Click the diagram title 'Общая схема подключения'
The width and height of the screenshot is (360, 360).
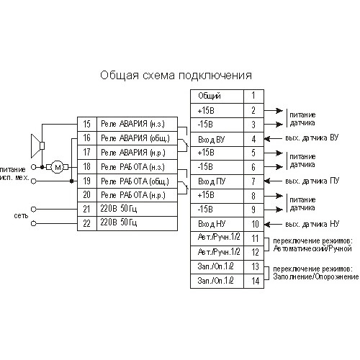tap(176, 76)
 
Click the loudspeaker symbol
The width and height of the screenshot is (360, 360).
tap(38, 146)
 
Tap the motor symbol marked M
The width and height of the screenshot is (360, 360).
tap(58, 167)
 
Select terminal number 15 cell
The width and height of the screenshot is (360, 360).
tap(87, 124)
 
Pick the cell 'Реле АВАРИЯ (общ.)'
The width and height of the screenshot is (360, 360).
tap(137, 138)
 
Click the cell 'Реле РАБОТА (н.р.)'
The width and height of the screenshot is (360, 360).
tap(137, 195)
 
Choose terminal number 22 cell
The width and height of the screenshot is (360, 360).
tap(87, 224)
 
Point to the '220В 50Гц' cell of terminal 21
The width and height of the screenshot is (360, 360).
tap(137, 210)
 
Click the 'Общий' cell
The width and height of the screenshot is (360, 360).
tap(217, 96)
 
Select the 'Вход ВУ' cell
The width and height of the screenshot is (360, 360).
tap(217, 139)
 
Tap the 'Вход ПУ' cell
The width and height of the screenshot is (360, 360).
tap(217, 181)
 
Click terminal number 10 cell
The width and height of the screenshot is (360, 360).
tap(254, 225)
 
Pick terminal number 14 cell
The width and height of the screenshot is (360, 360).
tap(254, 281)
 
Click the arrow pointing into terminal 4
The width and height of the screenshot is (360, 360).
tap(273, 139)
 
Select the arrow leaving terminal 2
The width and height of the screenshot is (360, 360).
tap(274, 111)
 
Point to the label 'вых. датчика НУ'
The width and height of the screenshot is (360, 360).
tap(312, 224)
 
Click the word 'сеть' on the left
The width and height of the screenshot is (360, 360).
tap(21, 216)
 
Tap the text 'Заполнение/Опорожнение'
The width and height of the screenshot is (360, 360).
tap(316, 276)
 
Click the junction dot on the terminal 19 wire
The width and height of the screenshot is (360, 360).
tap(71, 181)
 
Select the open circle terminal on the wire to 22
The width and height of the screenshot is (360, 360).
tap(34, 224)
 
